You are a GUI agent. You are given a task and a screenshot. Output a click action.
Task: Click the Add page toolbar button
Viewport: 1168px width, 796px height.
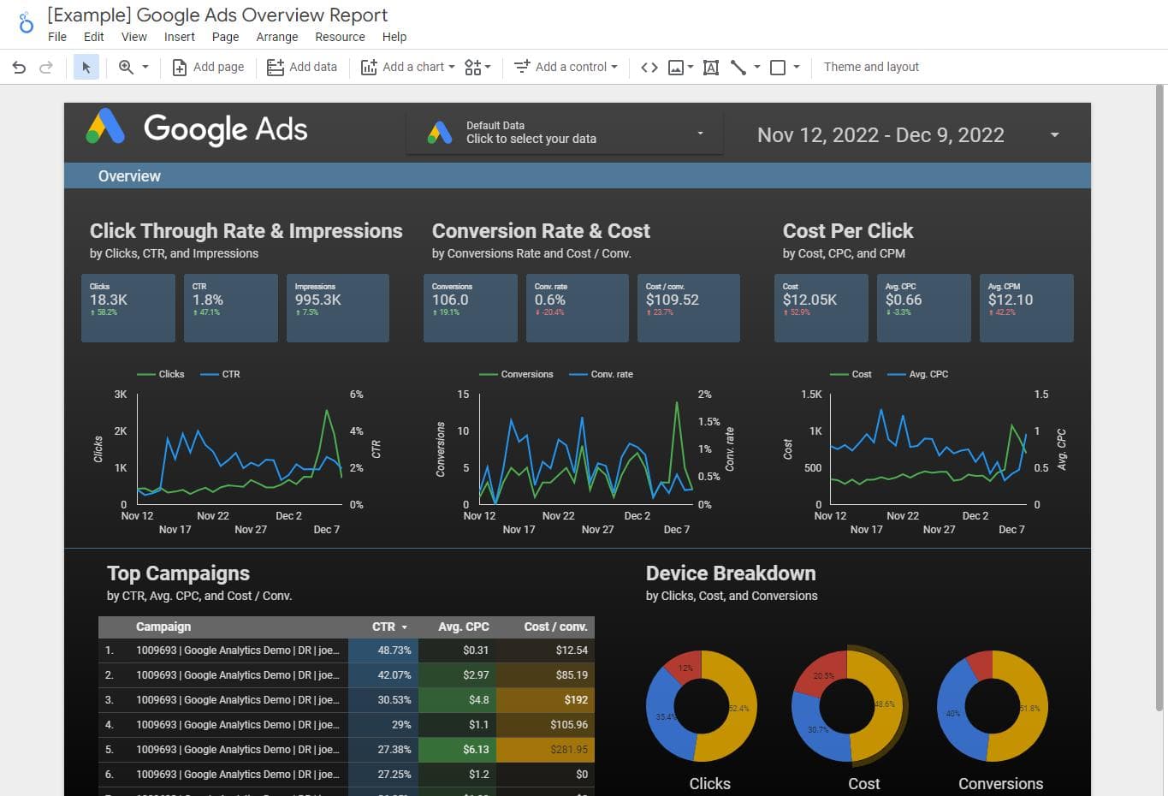[x=209, y=67]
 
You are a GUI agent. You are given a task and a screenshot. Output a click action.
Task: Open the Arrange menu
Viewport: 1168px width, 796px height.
[x=276, y=37]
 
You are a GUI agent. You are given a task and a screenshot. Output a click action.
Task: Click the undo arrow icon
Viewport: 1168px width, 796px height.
[x=19, y=67]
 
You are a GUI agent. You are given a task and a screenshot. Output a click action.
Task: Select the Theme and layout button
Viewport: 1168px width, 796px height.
[x=870, y=67]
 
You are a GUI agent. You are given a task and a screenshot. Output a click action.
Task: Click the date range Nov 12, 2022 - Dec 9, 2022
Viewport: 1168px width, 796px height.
[x=880, y=135]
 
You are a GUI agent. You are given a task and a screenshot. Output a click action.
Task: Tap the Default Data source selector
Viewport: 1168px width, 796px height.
[x=565, y=133]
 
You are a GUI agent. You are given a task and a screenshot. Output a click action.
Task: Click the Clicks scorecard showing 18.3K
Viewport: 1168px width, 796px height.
[x=127, y=307]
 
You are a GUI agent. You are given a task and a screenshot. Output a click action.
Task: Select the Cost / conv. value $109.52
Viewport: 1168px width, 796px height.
[x=672, y=300]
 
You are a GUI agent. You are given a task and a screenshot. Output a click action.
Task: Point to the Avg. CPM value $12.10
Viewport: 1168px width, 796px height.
[x=1010, y=300]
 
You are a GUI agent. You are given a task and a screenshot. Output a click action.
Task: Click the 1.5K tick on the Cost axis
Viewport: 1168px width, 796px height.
[x=810, y=395]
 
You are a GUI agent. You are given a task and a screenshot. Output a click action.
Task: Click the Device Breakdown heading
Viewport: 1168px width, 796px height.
[x=730, y=573]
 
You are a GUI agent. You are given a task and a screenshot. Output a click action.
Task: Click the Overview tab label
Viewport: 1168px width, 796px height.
[x=129, y=176]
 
